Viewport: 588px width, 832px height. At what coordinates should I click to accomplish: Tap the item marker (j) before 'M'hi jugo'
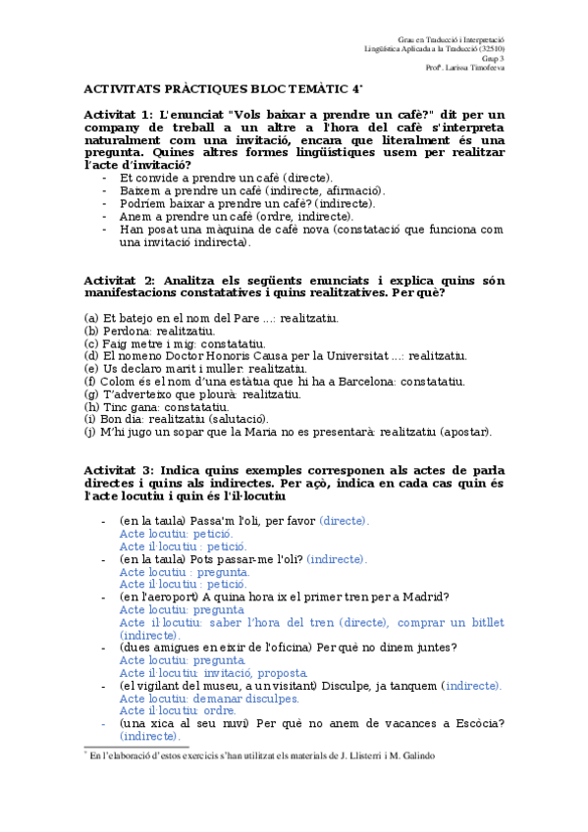(x=90, y=432)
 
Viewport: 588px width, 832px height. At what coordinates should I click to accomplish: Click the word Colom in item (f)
(x=122, y=382)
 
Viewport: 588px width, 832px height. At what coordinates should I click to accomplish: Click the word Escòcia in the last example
(x=474, y=724)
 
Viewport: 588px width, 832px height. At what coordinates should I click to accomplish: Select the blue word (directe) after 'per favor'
(x=344, y=520)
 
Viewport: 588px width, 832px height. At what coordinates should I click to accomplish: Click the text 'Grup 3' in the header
(x=494, y=58)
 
